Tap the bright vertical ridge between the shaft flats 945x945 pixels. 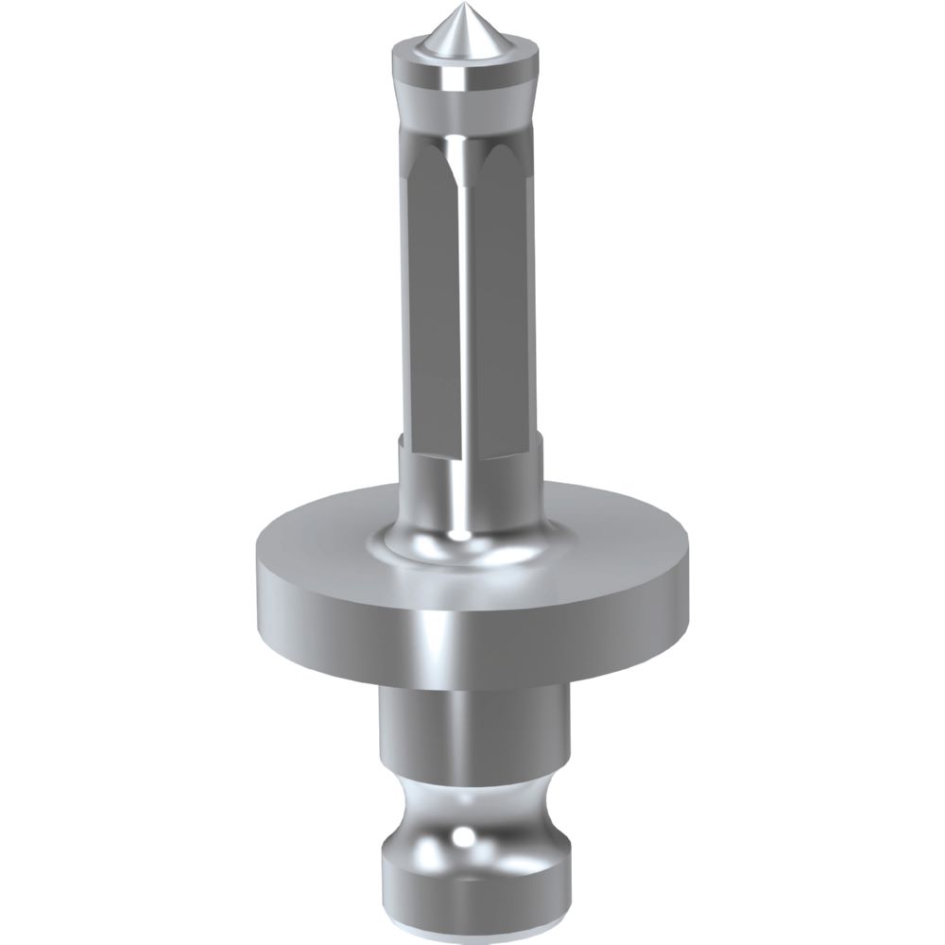pyautogui.click(x=463, y=283)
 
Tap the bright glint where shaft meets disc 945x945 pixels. pyautogui.click(x=460, y=535)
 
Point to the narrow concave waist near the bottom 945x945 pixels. pyautogui.click(x=472, y=803)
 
